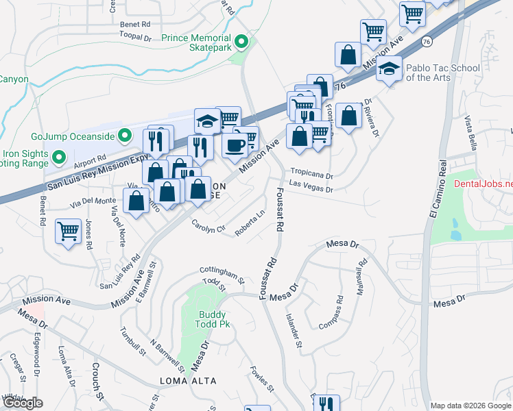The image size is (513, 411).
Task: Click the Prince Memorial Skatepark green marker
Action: point(241,42)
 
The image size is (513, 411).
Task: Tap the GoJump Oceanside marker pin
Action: point(124,136)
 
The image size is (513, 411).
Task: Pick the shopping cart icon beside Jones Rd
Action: point(68,232)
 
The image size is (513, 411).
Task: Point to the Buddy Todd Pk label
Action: point(212,319)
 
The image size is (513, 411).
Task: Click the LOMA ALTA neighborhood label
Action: point(188,381)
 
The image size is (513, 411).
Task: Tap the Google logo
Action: point(23,403)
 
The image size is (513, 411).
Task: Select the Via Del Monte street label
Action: point(91,201)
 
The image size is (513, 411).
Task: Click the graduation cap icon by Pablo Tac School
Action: point(390,69)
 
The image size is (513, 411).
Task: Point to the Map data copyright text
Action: point(470,405)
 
